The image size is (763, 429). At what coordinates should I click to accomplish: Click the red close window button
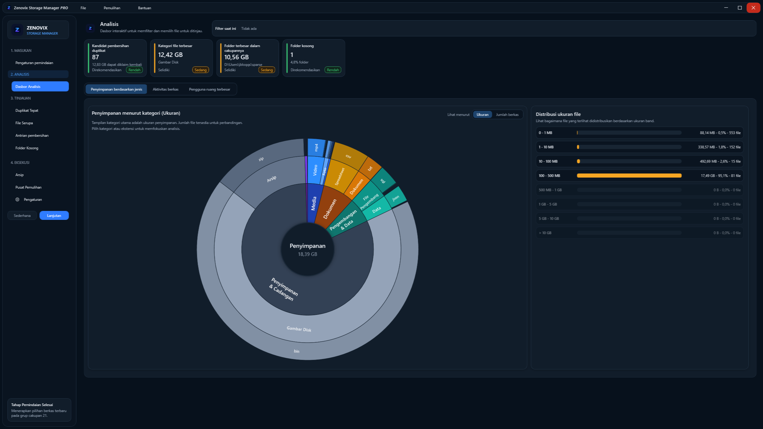[x=753, y=8]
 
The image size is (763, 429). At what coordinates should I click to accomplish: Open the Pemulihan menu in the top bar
[x=112, y=8]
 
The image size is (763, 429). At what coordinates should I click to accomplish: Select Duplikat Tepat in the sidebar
[x=27, y=111]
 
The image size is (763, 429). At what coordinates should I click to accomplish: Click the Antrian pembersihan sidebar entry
[x=32, y=136]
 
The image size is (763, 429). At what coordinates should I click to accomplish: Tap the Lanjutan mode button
[x=54, y=215]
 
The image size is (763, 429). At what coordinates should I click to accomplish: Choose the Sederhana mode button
[x=22, y=215]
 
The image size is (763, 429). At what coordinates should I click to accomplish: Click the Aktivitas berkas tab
[x=165, y=89]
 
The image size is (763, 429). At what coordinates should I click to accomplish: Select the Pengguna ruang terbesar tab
[x=210, y=89]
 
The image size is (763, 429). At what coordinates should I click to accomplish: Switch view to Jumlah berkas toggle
[x=507, y=115]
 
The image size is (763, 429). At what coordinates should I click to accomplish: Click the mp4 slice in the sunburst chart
[x=316, y=147]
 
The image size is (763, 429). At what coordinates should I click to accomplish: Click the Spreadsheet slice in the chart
[x=340, y=176]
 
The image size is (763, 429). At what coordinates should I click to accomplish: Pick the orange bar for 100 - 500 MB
[x=629, y=175]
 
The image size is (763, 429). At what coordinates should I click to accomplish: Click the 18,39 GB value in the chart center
[x=308, y=254]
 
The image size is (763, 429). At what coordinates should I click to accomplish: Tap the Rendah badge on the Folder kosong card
[x=333, y=70]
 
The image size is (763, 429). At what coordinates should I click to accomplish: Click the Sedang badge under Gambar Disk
[x=200, y=70]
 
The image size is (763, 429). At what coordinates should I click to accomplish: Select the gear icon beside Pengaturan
[x=17, y=200]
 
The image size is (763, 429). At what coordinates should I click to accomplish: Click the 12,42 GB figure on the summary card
[x=170, y=55]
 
